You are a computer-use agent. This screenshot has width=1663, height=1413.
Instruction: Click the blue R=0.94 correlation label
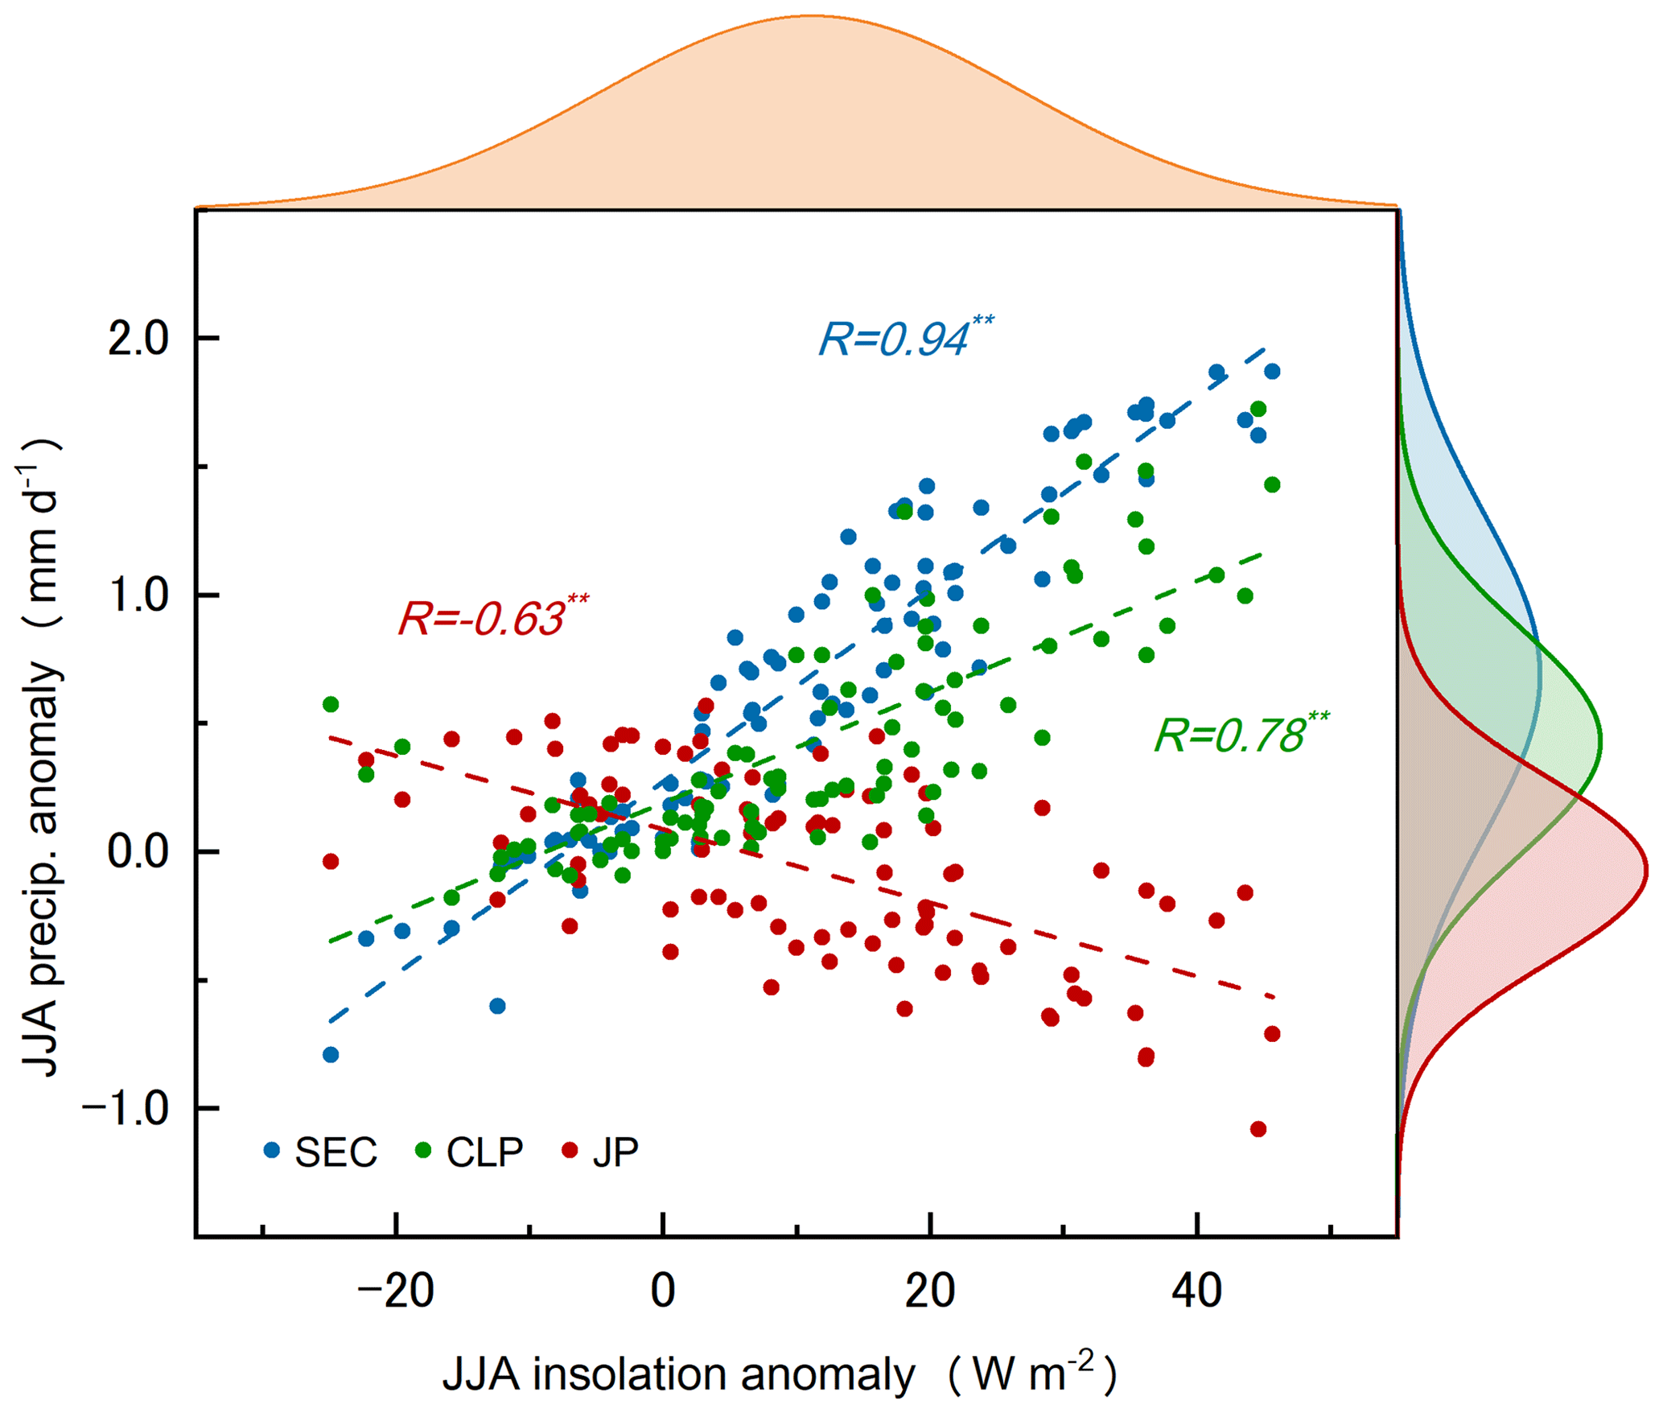tap(905, 338)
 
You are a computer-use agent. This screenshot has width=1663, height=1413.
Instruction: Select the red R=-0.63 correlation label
tap(492, 618)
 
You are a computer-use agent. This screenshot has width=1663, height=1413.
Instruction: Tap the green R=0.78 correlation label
tap(1241, 735)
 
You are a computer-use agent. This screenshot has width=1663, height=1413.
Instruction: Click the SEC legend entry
tap(321, 1152)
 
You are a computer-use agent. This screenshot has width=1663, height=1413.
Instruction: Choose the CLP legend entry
tap(470, 1152)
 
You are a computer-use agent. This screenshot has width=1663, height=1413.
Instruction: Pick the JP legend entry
tap(601, 1152)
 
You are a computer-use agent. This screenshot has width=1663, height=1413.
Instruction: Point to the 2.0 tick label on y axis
tap(138, 338)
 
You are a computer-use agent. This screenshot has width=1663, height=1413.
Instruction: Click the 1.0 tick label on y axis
tap(138, 595)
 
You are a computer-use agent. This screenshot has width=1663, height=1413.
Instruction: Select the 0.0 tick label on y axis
tap(138, 851)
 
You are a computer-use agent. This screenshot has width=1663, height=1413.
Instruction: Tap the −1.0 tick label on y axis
tap(126, 1109)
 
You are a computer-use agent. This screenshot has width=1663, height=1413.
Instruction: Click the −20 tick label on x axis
tap(395, 1291)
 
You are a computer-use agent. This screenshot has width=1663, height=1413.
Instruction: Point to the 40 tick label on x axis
tap(1197, 1291)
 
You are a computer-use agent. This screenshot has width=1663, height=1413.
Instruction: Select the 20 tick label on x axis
tap(930, 1291)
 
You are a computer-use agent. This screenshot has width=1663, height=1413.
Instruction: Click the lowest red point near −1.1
tap(1258, 1129)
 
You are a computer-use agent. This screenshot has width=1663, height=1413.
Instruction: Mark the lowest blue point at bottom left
tap(330, 1055)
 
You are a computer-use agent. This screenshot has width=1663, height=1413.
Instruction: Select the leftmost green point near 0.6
tap(330, 704)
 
